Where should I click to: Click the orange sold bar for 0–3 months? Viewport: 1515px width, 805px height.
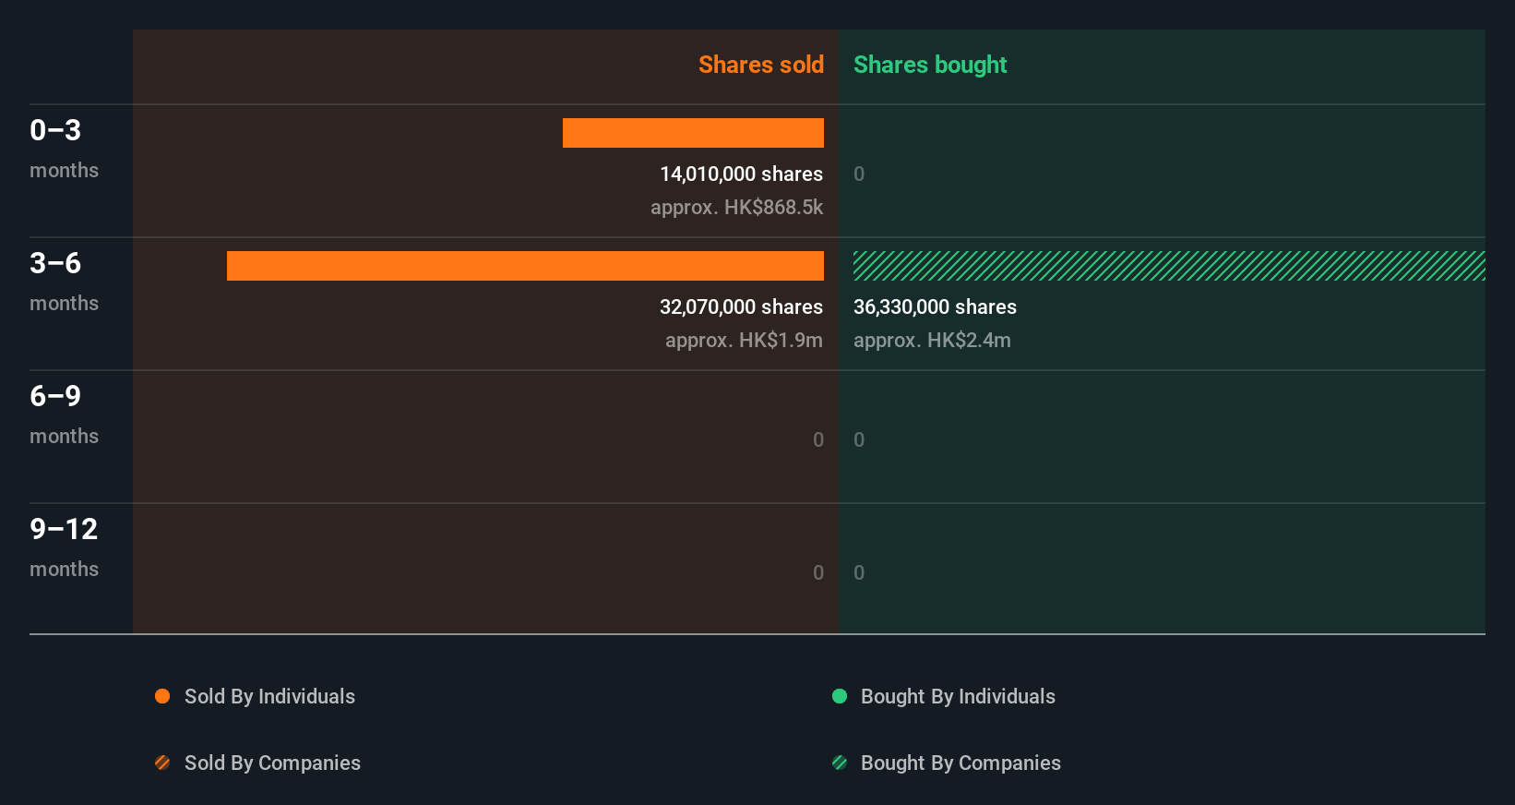coord(693,133)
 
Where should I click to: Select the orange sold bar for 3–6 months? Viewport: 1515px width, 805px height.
coord(525,266)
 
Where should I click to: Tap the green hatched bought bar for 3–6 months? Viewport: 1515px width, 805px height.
coord(1169,266)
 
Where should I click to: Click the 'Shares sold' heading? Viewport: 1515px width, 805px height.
coord(760,65)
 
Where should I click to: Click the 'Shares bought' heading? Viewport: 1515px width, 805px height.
coord(929,65)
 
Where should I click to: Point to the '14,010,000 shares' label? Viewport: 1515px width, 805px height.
coord(741,174)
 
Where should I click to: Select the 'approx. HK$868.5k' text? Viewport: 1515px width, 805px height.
coord(736,207)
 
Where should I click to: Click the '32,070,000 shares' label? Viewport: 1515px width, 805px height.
coord(741,306)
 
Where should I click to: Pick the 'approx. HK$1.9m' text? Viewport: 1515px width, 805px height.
coord(744,340)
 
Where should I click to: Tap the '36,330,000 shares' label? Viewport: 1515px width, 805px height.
coord(935,306)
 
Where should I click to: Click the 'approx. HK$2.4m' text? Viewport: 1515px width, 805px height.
coord(932,340)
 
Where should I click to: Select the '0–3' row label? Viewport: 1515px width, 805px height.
coord(55,130)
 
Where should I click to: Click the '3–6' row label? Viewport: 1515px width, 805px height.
coord(55,263)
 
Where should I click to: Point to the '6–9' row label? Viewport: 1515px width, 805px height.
coord(55,396)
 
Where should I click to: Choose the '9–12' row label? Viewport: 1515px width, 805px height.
coord(64,529)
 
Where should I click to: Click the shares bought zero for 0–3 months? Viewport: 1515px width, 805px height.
coord(859,174)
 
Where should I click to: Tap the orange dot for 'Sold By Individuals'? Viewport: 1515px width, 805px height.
coord(162,696)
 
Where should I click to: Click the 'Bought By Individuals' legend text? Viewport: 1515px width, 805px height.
coord(958,696)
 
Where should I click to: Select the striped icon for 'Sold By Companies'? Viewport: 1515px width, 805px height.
coord(162,763)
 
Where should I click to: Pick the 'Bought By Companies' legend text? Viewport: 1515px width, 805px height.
coord(960,763)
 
